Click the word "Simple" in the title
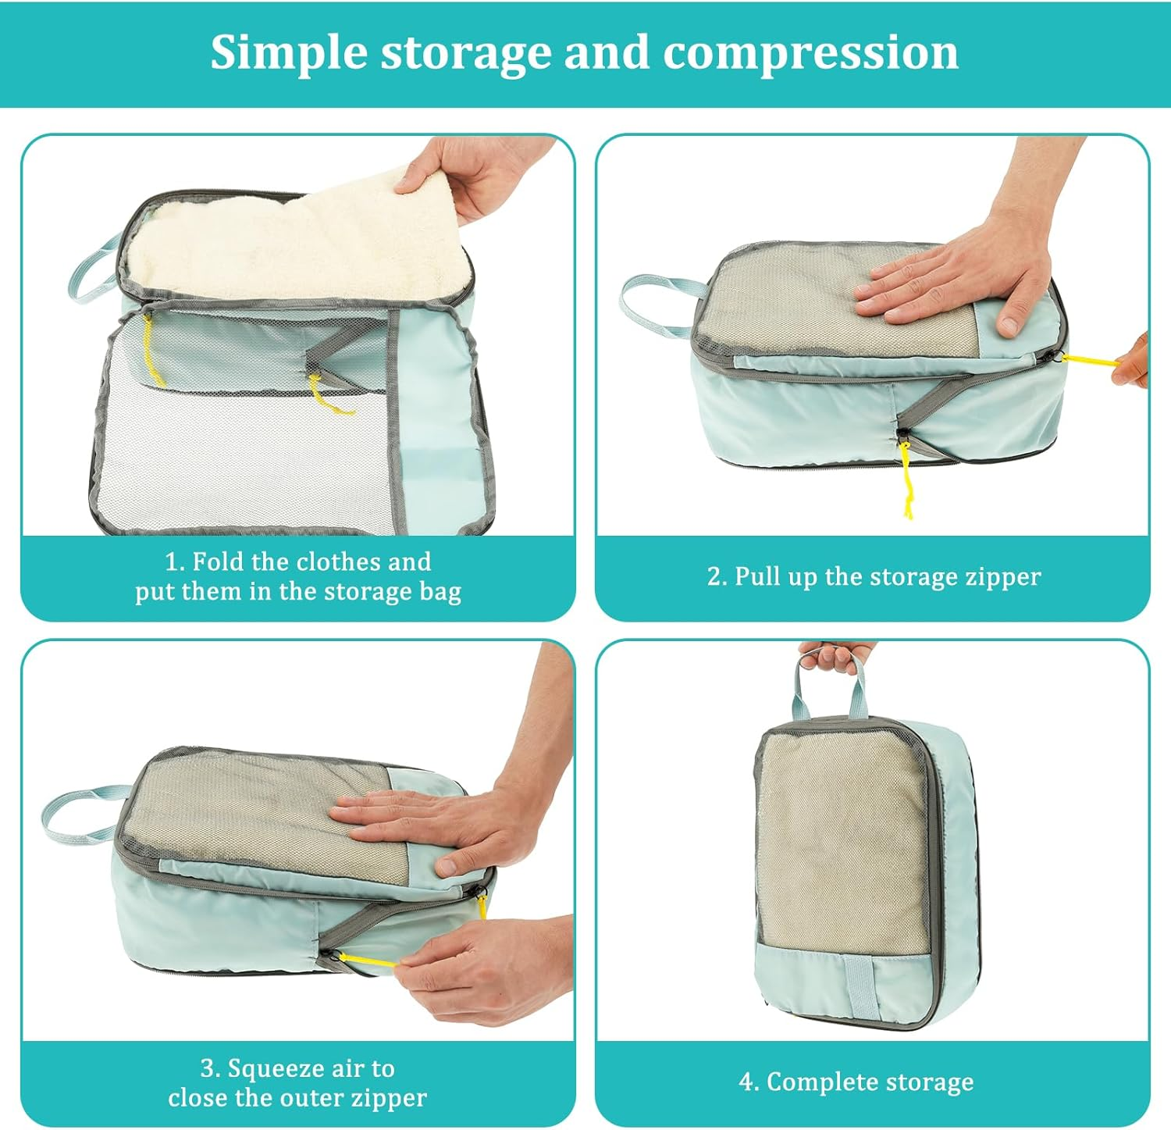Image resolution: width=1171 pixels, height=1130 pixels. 288,53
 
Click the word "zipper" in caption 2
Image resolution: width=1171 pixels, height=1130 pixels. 1002,576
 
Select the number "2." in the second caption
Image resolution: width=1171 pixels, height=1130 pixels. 717,576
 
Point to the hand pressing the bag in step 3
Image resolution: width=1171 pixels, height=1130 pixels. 437,828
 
